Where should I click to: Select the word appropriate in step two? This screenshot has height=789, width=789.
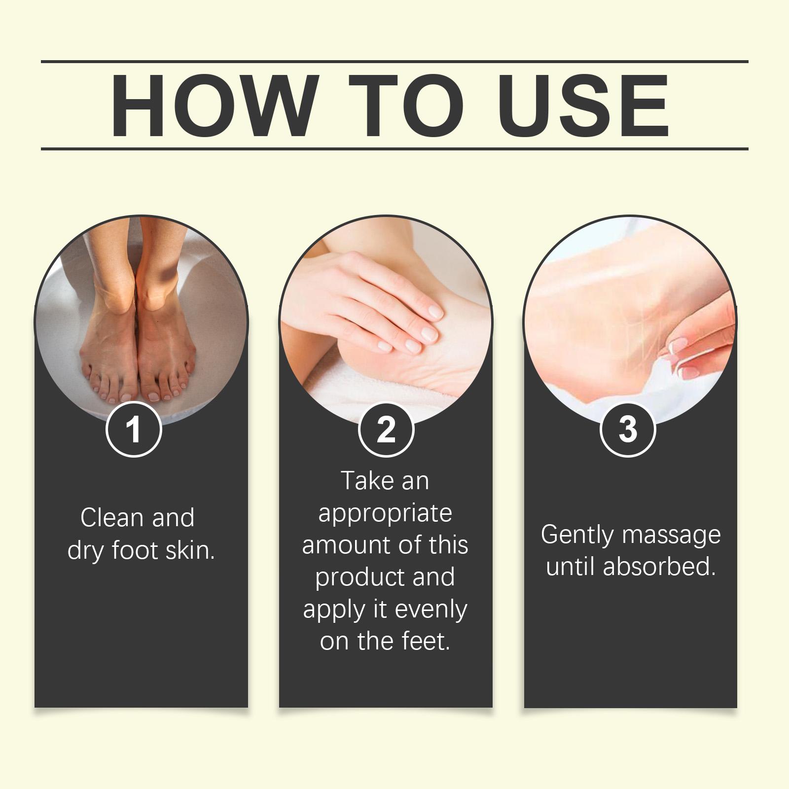(x=385, y=514)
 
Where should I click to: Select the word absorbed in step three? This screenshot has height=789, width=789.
(x=659, y=567)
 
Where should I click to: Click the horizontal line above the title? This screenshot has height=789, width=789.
(x=394, y=62)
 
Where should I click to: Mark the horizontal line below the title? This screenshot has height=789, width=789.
(x=394, y=148)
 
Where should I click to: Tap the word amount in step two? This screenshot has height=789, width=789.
(x=338, y=546)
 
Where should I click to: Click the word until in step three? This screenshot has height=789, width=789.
(x=571, y=567)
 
